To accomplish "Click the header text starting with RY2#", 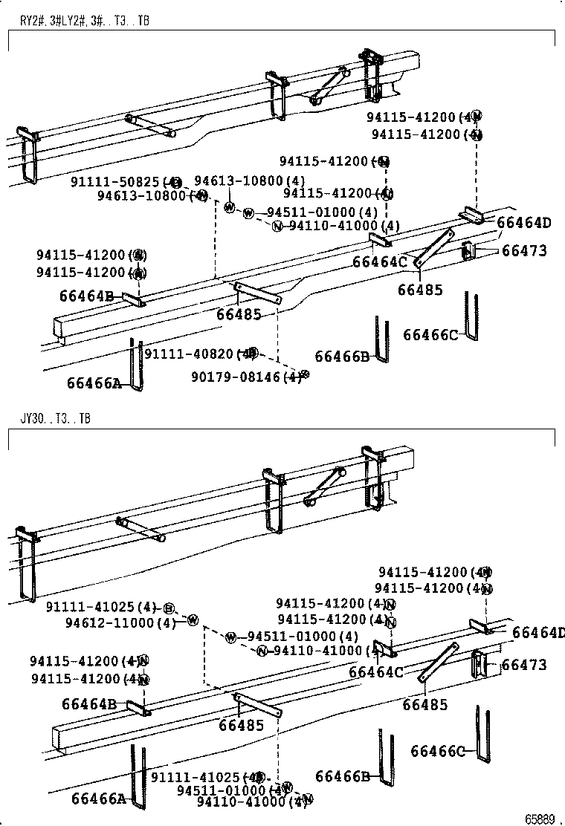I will pos(84,21).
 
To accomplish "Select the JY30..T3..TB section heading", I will pos(55,418).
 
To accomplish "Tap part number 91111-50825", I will pos(114,181).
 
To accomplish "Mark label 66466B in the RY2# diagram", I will pos(341,357).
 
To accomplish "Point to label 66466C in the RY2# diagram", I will pos(430,335).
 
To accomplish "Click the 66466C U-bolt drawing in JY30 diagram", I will pos(482,735).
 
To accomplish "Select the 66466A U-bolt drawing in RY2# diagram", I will pos(136,364).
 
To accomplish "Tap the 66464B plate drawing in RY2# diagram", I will pos(134,299).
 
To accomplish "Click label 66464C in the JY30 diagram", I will pos(375,672).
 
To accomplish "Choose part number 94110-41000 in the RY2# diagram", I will pos(335,226).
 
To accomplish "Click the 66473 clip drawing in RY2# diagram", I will pos(468,252).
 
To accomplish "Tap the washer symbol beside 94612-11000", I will pos(193,619).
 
